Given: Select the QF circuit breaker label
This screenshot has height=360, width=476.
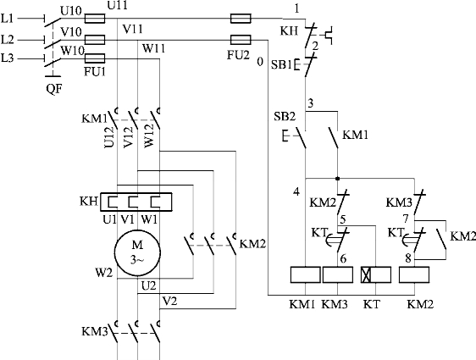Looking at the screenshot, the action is coord(53,89).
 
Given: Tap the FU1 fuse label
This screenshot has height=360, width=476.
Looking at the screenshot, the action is coord(94,71).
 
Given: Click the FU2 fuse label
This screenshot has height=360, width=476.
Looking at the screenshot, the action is coord(238,55).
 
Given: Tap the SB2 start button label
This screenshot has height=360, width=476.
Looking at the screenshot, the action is coord(285,116).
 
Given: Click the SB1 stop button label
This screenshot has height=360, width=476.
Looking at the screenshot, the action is coord(281,64).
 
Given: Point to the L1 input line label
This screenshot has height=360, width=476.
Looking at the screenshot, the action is coord(8,19).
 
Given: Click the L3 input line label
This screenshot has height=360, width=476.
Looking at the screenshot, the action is coord(8,58).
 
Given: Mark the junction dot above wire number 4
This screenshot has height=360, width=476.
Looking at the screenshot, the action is coord(338,179).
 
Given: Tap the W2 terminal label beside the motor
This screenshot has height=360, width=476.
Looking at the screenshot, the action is coord(104,273).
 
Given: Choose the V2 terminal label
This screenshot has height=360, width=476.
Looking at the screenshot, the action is coord(169,301).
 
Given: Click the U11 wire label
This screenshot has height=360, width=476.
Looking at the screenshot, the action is coord(117,5).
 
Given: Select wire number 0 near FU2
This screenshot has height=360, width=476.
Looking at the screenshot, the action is coord(260,62).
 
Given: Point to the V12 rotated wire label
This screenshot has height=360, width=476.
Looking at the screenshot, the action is coord(129,137).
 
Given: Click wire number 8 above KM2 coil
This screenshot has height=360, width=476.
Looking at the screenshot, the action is coord(408,258).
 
